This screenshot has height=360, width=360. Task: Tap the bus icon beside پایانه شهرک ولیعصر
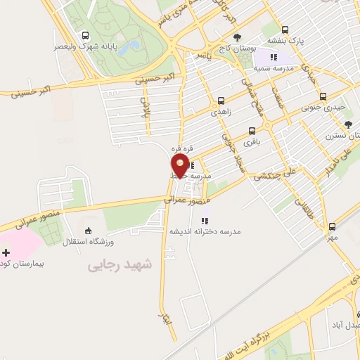pyautogui.click(x=86, y=35)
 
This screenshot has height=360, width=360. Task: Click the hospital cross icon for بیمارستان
pyautogui.click(x=6, y=252)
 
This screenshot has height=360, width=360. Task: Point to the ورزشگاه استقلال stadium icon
pyautogui.click(x=87, y=230)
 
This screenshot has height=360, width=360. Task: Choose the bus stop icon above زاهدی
pyautogui.click(x=221, y=101)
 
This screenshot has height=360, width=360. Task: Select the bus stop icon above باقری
pyautogui.click(x=252, y=131)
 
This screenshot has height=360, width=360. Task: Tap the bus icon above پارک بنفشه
pyautogui.click(x=285, y=30)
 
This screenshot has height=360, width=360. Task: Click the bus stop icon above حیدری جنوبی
pyautogui.click(x=323, y=96)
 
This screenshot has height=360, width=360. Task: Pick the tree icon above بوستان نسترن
pyautogui.click(x=348, y=124)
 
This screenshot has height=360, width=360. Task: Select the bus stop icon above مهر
pyautogui.click(x=331, y=226)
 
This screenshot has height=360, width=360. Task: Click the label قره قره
pyautogui.click(x=180, y=149)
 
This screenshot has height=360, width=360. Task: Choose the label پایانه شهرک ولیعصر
pyautogui.click(x=86, y=46)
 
